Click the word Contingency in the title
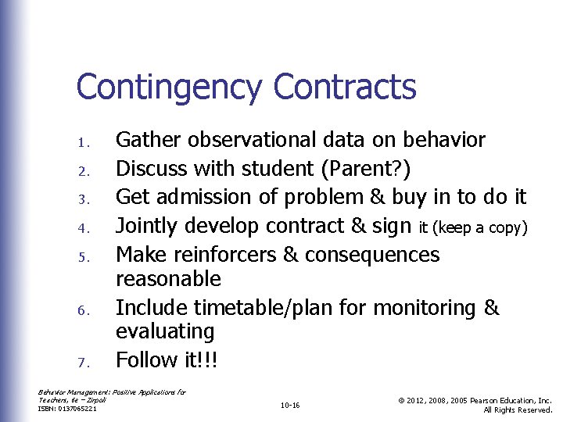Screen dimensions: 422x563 point(167,88)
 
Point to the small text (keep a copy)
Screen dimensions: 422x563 point(474,228)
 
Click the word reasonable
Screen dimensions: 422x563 point(168,279)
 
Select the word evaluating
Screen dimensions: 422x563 point(164,332)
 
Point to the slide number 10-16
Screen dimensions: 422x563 point(289,406)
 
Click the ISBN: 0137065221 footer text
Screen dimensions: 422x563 point(68,408)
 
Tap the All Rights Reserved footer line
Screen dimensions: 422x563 point(518,409)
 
